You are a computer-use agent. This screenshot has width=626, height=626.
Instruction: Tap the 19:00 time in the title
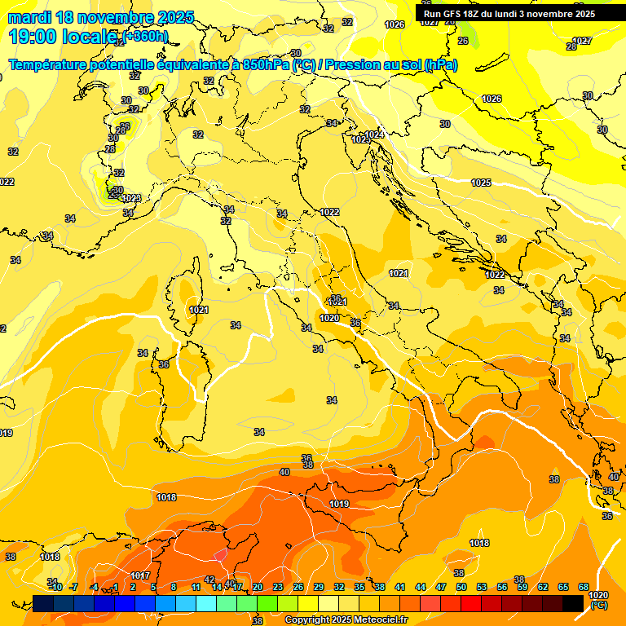pos(33,36)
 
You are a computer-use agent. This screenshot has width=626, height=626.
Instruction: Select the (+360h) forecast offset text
pos(146,36)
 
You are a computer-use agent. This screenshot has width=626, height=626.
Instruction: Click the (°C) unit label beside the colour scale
pos(598,605)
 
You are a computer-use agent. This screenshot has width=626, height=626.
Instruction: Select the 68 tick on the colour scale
pos(584,587)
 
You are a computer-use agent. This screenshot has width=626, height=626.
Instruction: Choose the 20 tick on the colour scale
pos(257,587)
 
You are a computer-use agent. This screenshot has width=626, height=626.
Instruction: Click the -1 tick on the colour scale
pos(114,587)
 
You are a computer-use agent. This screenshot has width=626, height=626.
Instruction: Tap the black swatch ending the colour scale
pos(573,602)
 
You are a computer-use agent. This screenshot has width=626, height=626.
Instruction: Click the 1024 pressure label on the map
pos(374,134)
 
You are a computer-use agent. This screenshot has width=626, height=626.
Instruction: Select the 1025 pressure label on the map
pos(481,183)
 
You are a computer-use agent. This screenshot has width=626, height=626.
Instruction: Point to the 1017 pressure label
pos(139,575)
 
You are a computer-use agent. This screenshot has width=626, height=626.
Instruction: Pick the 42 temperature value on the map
pos(209,580)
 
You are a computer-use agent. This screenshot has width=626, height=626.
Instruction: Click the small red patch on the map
pos(220,554)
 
